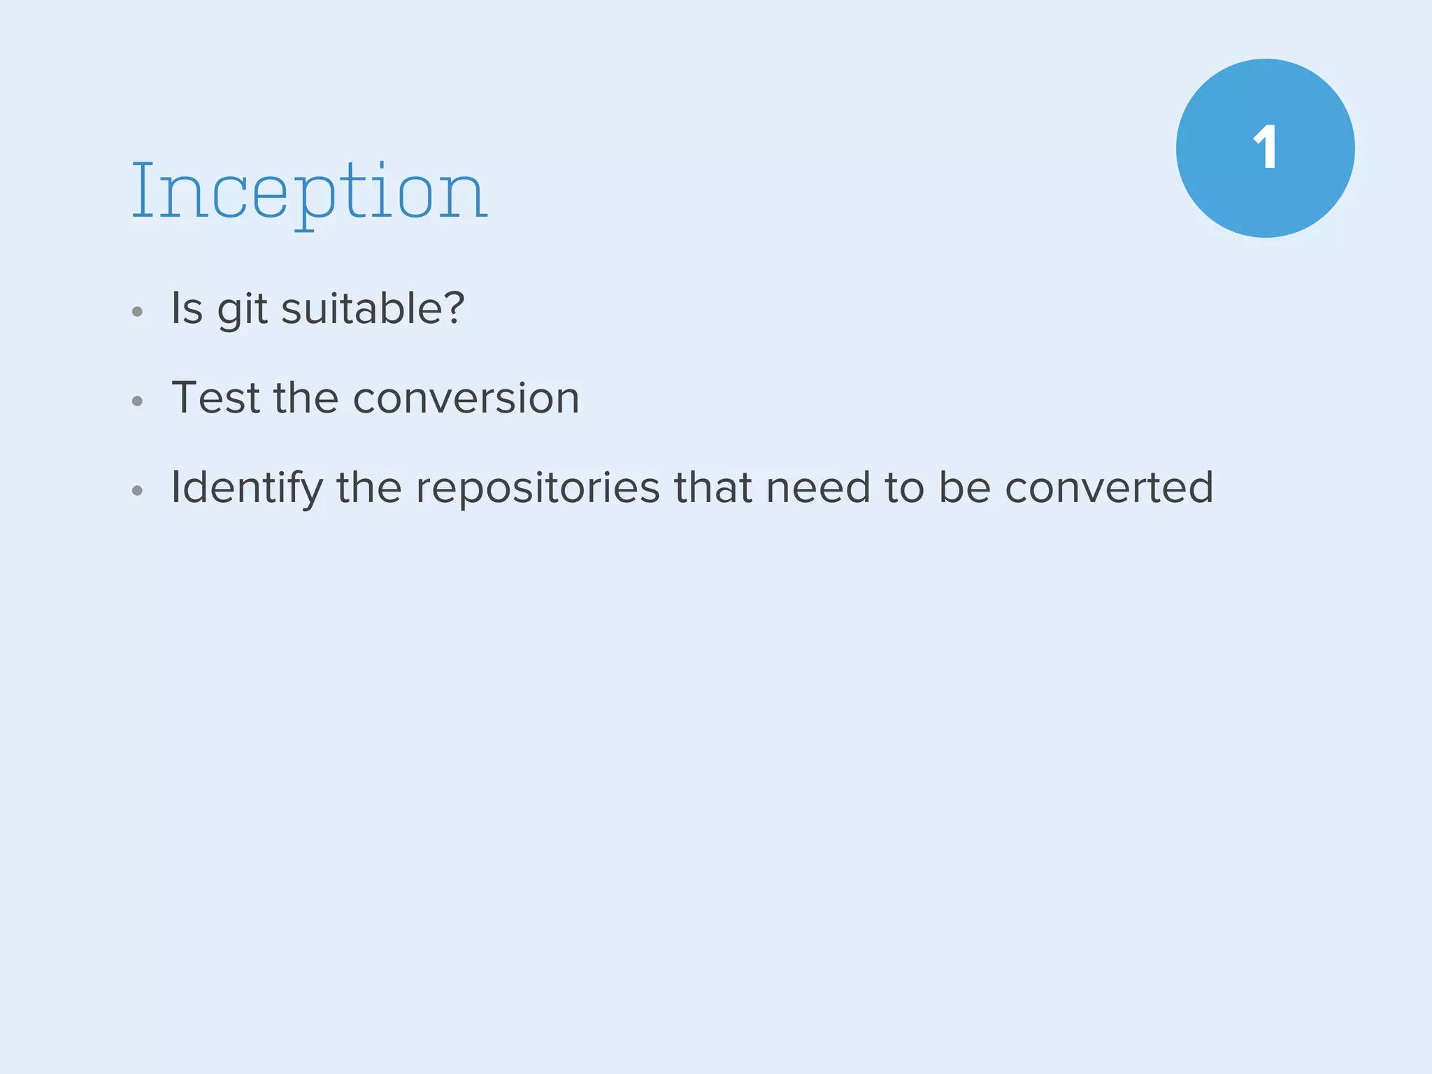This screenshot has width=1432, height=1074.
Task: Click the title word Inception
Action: coord(309,191)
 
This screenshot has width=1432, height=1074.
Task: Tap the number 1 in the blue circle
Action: coord(1265,148)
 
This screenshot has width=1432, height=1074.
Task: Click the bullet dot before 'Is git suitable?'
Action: coord(138,312)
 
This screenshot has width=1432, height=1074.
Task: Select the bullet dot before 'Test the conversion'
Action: coord(138,401)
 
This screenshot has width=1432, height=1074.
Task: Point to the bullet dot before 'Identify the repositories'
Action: coord(138,490)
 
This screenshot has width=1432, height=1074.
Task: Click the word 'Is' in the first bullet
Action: coord(187,308)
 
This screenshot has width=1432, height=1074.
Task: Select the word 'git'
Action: coord(242,310)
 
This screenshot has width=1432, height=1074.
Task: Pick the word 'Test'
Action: coord(215,398)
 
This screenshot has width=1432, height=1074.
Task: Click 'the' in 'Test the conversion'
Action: coord(306,398)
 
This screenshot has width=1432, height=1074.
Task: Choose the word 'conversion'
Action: coord(466,398)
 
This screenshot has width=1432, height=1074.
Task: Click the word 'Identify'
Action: coord(247,487)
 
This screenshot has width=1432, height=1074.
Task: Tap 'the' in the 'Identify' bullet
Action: coord(369,487)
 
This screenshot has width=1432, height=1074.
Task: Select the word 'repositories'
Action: coord(538,487)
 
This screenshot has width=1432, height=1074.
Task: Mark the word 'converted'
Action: coord(1109,487)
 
